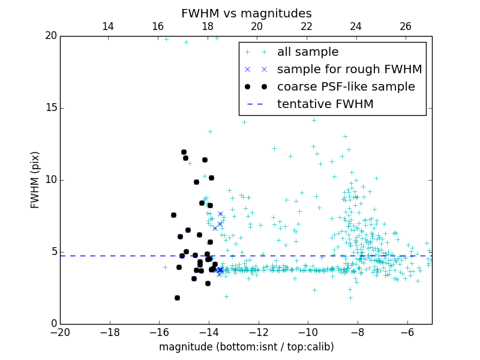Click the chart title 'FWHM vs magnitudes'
point(246,13)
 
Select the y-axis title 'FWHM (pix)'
point(35,180)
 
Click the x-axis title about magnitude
point(246,347)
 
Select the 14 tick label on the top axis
point(108,26)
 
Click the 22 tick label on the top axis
point(306,26)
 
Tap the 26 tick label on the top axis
point(406,26)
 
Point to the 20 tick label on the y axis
point(50,36)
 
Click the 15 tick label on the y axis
point(50,108)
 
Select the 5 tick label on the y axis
point(53,252)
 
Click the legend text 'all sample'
point(308,52)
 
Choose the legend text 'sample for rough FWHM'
point(349,70)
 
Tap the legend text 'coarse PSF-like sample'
point(346,87)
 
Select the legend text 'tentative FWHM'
point(325,104)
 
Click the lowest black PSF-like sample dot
point(177,298)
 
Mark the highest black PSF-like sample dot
point(184,152)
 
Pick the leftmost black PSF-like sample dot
point(173,215)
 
